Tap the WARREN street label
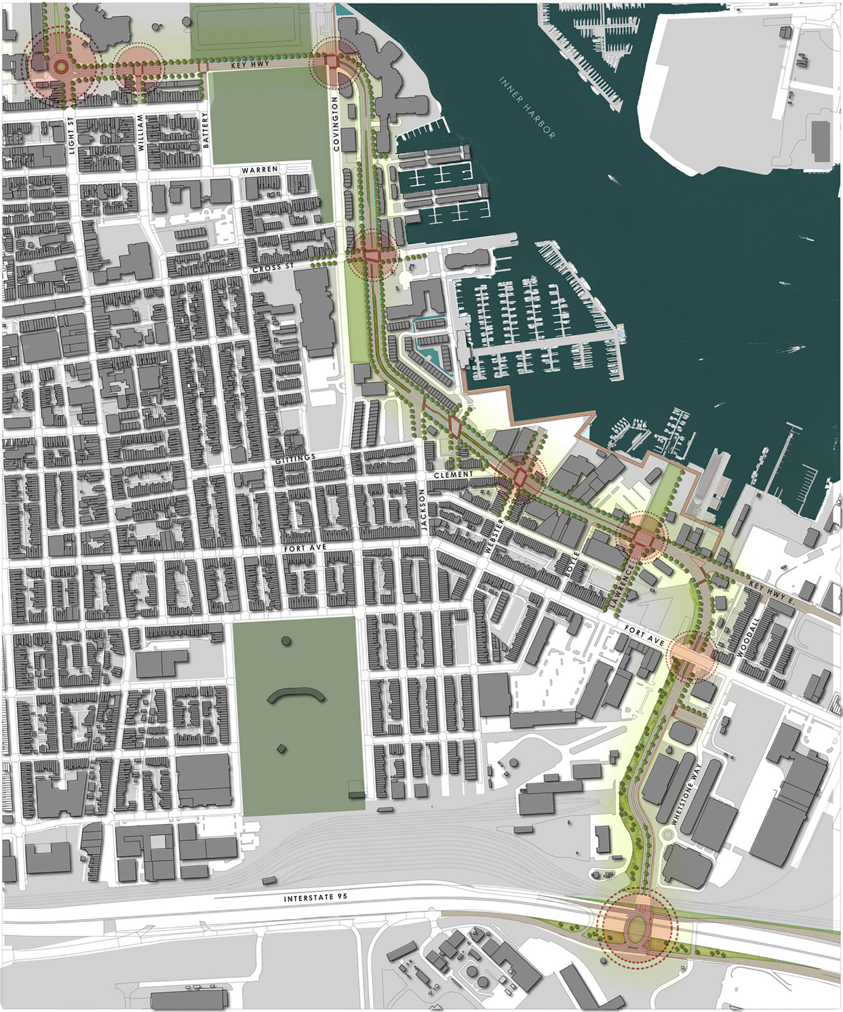(x=260, y=170)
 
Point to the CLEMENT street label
(x=453, y=474)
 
